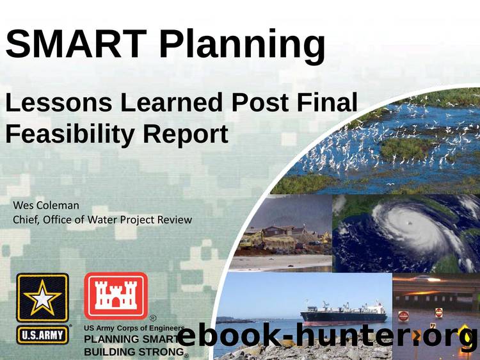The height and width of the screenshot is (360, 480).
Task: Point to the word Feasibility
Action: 70,135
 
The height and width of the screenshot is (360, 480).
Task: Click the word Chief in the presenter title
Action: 26,220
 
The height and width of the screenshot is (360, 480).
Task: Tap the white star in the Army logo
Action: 42,299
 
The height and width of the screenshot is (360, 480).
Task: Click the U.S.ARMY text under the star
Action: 42,335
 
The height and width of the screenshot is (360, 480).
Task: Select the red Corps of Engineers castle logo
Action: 116,295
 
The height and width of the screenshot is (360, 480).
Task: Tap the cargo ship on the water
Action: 344,313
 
